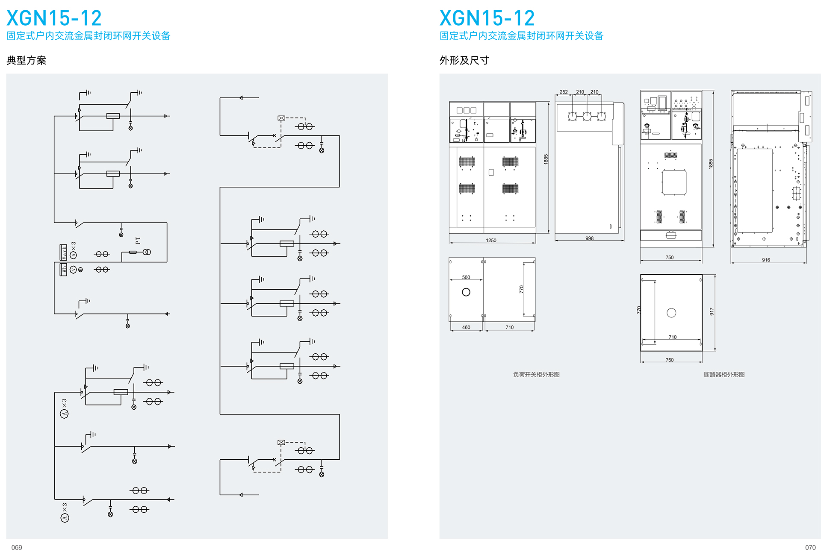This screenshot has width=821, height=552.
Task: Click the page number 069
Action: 17,547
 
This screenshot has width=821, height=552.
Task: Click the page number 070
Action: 810,547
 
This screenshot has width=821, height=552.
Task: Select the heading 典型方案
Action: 27,60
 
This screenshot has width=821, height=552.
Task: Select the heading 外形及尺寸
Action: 464,60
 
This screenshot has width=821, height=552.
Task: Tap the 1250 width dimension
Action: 491,241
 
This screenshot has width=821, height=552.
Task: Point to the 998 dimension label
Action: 589,238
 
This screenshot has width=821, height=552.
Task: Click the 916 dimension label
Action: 766,260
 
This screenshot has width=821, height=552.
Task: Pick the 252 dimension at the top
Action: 564,92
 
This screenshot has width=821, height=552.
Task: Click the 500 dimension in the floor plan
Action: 466,277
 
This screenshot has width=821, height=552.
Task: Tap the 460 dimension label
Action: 466,327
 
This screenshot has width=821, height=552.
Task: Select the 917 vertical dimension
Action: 712,311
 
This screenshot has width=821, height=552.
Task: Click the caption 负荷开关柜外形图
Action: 536,375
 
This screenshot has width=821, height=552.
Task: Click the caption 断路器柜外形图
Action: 724,375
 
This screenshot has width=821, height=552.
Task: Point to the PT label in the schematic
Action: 138,240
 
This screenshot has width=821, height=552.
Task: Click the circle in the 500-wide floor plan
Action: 466,292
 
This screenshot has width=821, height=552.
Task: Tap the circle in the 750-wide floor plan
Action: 671,313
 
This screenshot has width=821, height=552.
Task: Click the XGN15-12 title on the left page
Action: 54,18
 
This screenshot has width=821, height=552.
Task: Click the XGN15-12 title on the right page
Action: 487,18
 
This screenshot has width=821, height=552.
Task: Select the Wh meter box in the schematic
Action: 64,269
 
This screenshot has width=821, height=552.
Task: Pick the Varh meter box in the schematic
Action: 64,252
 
